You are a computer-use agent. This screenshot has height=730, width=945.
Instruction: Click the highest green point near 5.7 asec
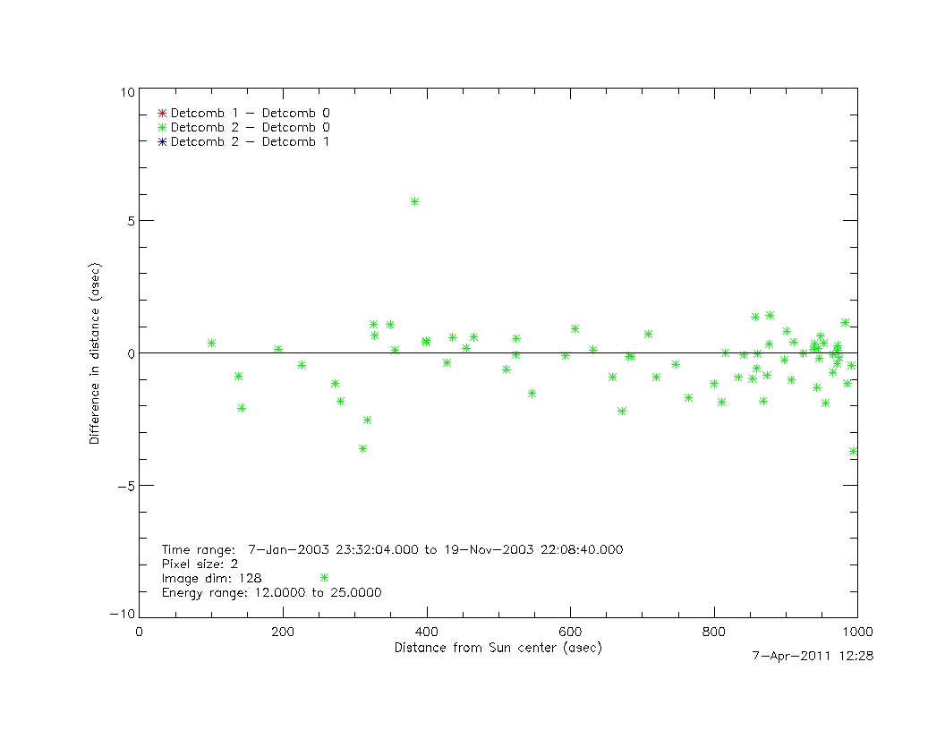pyautogui.click(x=414, y=201)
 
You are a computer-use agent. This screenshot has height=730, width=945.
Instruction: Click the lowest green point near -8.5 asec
pyautogui.click(x=324, y=577)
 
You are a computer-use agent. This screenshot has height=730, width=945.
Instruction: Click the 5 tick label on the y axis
pyautogui.click(x=129, y=221)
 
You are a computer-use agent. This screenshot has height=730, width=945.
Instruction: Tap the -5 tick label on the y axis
pyautogui.click(x=125, y=486)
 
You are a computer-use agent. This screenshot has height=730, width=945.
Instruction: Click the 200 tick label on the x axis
pyautogui.click(x=283, y=632)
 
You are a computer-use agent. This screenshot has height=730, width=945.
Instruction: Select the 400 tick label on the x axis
pyautogui.click(x=427, y=632)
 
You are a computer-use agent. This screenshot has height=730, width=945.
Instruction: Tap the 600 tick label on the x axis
pyautogui.click(x=570, y=632)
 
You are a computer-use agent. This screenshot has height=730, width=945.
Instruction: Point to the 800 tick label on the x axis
pyautogui.click(x=714, y=632)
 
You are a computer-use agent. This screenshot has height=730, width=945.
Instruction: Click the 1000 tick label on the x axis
pyautogui.click(x=856, y=632)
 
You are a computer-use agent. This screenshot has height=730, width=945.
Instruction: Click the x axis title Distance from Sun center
pyautogui.click(x=498, y=648)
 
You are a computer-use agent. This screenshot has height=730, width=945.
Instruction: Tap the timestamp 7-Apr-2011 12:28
pyautogui.click(x=813, y=656)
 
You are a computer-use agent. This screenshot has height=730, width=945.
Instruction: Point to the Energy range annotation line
pyautogui.click(x=272, y=593)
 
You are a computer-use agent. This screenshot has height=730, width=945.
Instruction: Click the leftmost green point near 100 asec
pyautogui.click(x=211, y=343)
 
